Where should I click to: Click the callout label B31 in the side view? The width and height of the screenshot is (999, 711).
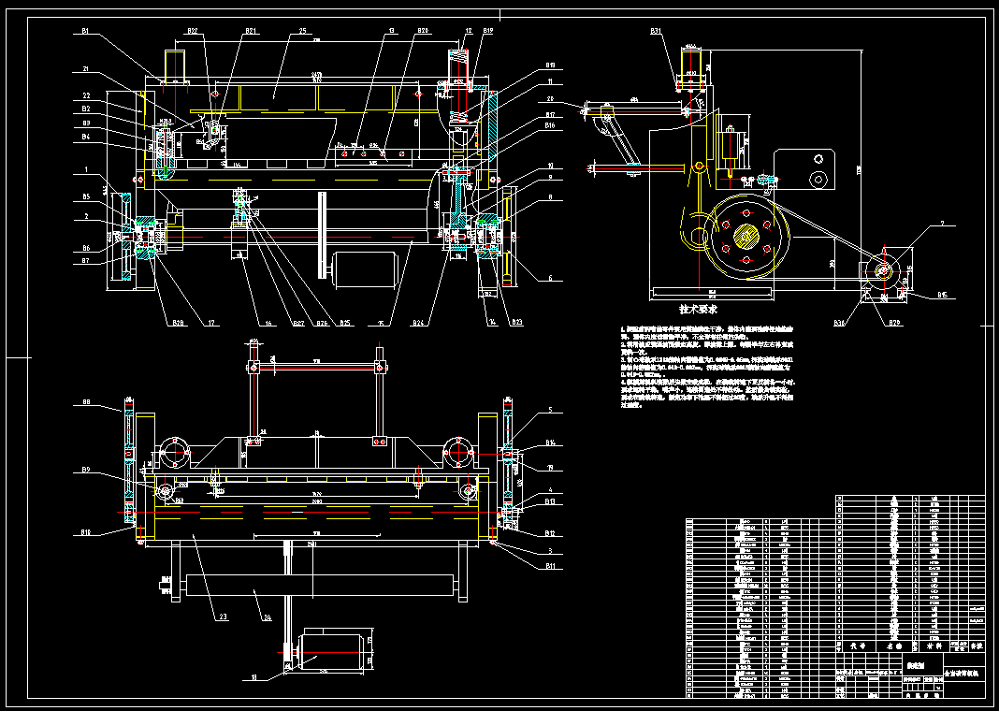click(657, 31)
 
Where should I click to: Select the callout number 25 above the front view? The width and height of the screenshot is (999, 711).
click(303, 31)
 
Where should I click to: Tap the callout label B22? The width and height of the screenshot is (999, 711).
click(192, 31)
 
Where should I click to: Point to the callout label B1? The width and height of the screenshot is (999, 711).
click(85, 31)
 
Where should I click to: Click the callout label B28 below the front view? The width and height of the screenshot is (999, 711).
click(177, 323)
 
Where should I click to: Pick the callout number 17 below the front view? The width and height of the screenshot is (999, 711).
click(212, 323)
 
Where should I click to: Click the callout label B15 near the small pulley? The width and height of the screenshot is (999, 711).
click(942, 296)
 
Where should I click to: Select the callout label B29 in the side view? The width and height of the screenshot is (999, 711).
click(895, 323)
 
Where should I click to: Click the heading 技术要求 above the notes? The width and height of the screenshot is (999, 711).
click(698, 308)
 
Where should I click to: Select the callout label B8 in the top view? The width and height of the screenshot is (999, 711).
click(86, 402)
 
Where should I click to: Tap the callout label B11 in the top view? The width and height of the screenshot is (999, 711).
click(551, 566)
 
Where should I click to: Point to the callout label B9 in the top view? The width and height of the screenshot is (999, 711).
click(86, 470)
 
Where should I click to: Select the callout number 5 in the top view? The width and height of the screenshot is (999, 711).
click(551, 410)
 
